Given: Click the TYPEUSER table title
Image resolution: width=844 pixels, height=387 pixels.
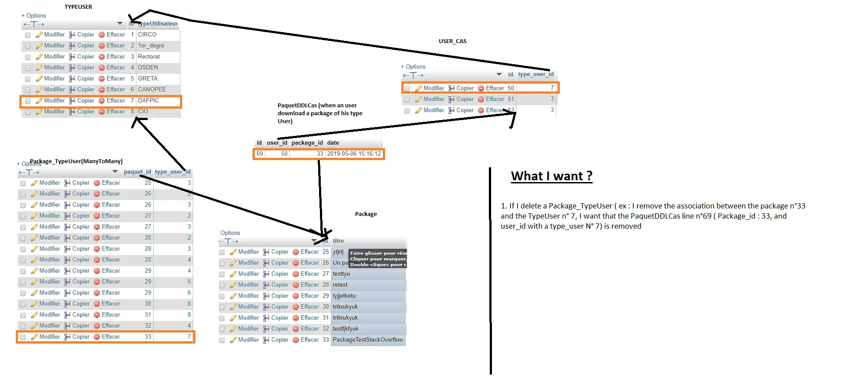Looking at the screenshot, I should (x=78, y=7).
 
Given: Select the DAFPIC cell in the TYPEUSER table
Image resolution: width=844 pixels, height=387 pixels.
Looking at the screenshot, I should (x=148, y=100).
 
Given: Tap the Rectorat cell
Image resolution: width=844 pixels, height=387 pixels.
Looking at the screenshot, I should (x=149, y=56).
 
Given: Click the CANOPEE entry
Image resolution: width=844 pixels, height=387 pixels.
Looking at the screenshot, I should (x=152, y=89).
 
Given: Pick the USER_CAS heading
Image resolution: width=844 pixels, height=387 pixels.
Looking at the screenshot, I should (x=452, y=41).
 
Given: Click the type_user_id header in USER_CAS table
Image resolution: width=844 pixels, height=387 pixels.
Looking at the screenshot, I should (x=536, y=74).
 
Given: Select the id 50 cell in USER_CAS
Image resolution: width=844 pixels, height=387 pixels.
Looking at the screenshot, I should (x=510, y=88).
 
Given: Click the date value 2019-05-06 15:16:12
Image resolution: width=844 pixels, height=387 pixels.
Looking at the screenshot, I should (x=354, y=154).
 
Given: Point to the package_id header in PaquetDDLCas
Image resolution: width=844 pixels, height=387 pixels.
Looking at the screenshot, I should (x=307, y=142).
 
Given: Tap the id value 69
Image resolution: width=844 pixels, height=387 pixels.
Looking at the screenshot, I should (x=260, y=154).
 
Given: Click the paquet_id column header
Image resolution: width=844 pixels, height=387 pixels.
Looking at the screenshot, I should (x=137, y=172).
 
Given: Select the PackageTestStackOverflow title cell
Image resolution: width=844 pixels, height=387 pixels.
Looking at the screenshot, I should (x=368, y=340).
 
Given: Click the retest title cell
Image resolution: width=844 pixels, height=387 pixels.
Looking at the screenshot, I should (x=340, y=285).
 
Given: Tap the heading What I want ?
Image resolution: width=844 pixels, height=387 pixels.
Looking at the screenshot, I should (x=551, y=176).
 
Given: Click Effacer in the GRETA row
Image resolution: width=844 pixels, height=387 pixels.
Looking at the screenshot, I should (x=115, y=78).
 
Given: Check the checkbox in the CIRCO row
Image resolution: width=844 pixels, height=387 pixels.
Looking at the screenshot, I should (x=28, y=35).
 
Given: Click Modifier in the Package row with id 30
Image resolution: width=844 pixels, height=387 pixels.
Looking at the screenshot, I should (x=248, y=307).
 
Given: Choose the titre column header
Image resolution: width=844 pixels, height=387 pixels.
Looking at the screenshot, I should (x=338, y=241).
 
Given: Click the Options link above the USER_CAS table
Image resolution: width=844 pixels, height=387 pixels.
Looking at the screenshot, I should (x=415, y=67).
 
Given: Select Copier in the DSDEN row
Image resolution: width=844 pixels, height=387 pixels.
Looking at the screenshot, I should (x=85, y=67).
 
